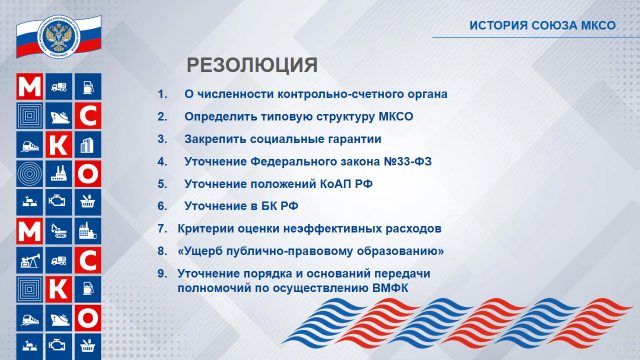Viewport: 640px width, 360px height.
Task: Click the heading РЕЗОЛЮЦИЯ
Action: tap(252, 66)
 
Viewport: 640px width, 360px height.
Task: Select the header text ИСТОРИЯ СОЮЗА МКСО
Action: tap(540, 23)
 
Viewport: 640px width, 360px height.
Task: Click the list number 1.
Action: tap(161, 94)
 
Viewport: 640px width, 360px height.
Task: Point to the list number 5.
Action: tap(161, 184)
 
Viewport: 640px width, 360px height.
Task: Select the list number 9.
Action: tap(161, 274)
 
